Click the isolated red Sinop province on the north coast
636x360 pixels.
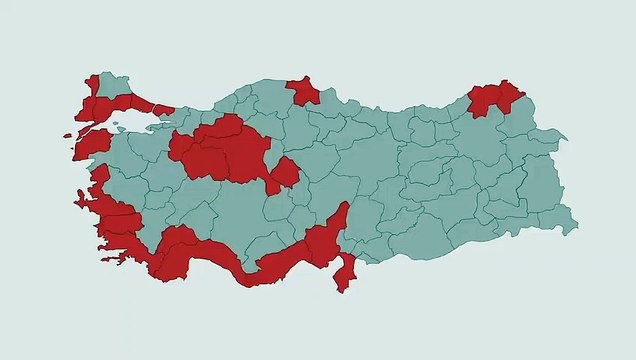point(304,92)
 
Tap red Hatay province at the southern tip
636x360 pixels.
point(345,272)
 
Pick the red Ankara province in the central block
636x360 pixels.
point(240,150)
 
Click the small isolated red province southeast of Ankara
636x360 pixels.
point(284,175)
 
